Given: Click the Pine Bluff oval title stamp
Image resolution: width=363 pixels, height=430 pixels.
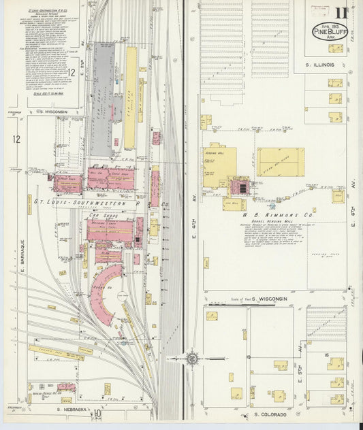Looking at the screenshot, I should [330, 31].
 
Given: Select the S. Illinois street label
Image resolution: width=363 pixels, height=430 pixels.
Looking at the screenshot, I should [318, 65].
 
